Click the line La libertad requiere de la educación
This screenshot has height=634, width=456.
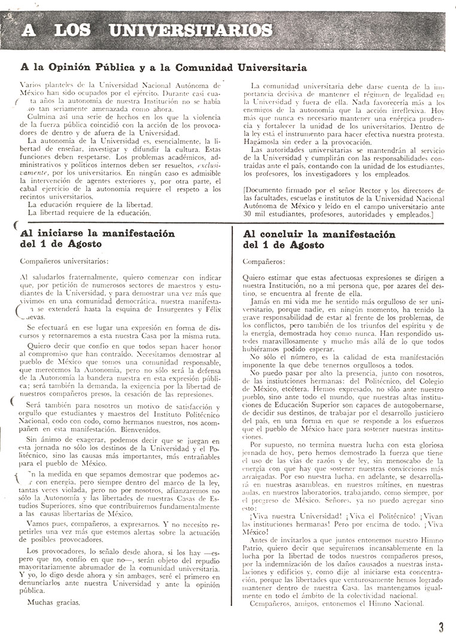tap(86, 212)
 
